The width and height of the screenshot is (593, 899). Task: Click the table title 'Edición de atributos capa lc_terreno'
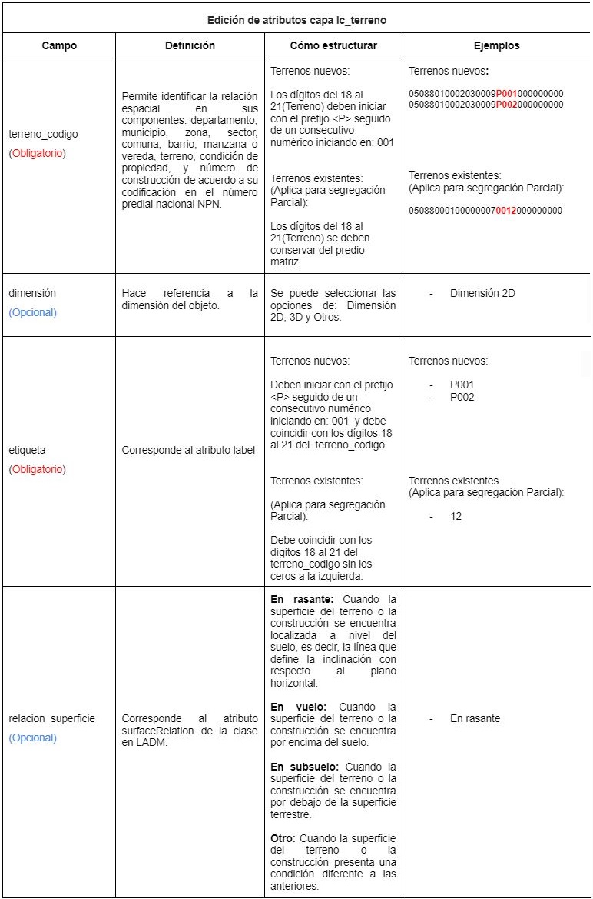tap(296, 20)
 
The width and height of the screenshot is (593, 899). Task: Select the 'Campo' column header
tap(58, 45)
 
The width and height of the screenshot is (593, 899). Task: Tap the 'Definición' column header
tap(190, 45)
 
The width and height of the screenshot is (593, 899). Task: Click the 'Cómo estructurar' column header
tap(333, 45)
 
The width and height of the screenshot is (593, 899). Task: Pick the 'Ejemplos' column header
tap(496, 45)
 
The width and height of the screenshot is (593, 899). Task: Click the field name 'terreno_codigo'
tap(43, 134)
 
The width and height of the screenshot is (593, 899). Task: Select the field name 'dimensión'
tap(32, 293)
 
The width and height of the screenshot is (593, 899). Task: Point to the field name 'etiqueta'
tap(28, 449)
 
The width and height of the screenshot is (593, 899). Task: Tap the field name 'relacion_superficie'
tap(52, 718)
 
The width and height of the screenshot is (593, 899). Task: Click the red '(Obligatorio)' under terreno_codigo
tap(38, 153)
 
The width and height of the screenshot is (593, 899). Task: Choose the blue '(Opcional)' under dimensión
tap(33, 312)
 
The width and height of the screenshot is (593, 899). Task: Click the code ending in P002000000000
tap(486, 104)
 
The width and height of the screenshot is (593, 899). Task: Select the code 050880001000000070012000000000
tap(486, 210)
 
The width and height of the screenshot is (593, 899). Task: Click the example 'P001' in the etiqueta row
tap(462, 385)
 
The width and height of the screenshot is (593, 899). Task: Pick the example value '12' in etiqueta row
tap(456, 516)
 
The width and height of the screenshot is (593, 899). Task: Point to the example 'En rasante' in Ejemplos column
tap(475, 718)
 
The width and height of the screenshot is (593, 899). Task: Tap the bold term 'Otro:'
tap(284, 837)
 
